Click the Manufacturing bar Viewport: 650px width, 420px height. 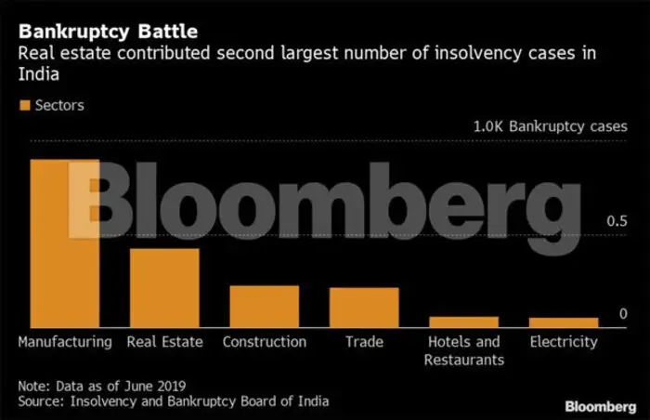pos(65,243)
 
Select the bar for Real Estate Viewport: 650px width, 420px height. pos(164,288)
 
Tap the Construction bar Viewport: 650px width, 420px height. pos(265,307)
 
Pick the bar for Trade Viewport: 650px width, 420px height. pos(364,308)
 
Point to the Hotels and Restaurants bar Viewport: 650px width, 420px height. pos(463,322)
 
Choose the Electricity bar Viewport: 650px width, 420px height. pos(564,322)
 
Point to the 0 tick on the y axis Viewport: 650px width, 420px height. pos(624,314)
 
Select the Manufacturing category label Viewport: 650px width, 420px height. pos(65,342)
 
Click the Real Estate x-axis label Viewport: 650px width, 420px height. pos(164,342)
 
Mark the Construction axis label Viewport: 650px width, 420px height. pos(265,342)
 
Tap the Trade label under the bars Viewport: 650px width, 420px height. pos(364,342)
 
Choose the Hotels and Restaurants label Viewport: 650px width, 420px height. pos(463,350)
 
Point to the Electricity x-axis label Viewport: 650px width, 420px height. pos(564,342)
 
